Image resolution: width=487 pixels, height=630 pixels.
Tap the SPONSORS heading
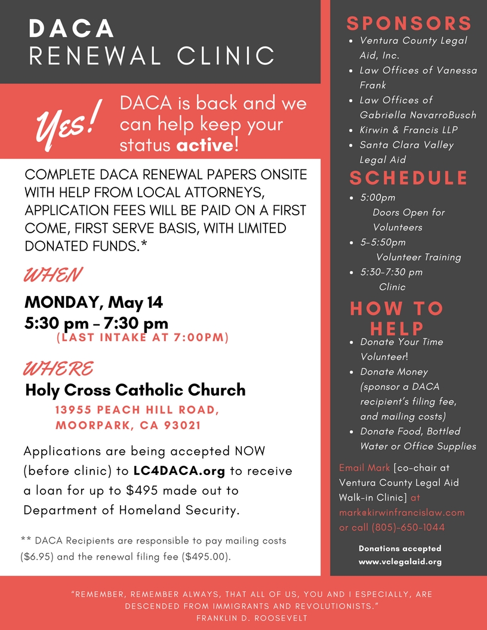pyautogui.click(x=409, y=23)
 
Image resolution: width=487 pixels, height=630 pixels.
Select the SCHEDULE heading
pyautogui.click(x=409, y=178)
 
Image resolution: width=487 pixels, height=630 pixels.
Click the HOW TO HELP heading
pyautogui.click(x=397, y=318)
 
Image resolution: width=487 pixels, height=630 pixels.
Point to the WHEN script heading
pyautogui.click(x=53, y=275)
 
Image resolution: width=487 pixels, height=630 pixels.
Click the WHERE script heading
pyautogui.click(x=58, y=368)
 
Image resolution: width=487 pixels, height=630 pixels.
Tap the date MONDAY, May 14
pyautogui.click(x=94, y=302)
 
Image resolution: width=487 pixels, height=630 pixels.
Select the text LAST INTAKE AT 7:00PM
pyautogui.click(x=143, y=338)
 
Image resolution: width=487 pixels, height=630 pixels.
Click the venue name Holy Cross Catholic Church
pyautogui.click(x=135, y=390)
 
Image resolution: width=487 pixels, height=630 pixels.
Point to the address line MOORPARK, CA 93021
pyautogui.click(x=128, y=426)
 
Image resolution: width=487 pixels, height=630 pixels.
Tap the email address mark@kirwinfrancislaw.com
pyautogui.click(x=402, y=512)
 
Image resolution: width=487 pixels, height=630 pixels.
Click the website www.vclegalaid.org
pyautogui.click(x=400, y=562)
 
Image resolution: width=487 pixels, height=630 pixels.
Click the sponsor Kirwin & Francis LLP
pyautogui.click(x=409, y=129)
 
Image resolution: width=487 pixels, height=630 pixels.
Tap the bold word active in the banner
pyautogui.click(x=205, y=145)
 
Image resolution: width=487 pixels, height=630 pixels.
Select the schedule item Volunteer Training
pyautogui.click(x=418, y=257)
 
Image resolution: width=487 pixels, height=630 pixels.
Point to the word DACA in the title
pyautogui.click(x=72, y=29)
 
